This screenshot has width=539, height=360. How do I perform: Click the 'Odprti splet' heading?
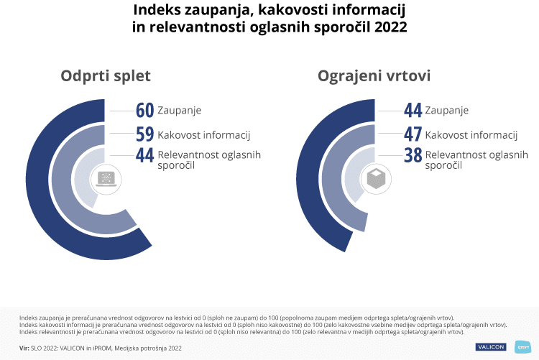pos(106,77)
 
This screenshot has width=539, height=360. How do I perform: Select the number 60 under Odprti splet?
pos(145,111)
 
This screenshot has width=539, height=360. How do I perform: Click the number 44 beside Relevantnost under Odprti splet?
pos(145,156)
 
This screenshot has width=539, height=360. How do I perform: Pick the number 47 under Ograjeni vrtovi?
pos(413,134)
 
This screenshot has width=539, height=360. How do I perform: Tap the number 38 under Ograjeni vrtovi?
pos(413,156)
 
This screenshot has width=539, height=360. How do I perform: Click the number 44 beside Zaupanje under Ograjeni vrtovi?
pos(413,111)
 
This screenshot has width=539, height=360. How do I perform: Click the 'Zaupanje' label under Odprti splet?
pos(179,111)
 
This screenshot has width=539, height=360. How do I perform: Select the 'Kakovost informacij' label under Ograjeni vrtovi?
pos(471,134)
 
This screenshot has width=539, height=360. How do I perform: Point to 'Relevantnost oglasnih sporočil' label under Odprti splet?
pos(208,160)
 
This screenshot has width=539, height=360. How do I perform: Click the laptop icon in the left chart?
pos(105,179)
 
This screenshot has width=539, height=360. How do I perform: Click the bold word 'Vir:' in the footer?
pos(24,348)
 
